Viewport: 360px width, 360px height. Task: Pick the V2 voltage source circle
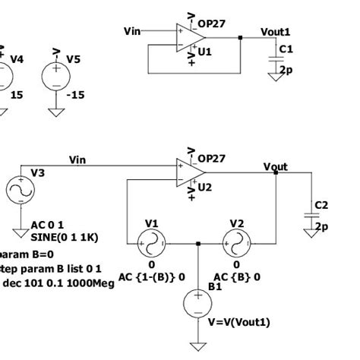[x=237, y=244]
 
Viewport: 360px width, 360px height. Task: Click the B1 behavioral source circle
[x=198, y=304]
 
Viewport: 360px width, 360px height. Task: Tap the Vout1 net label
[x=275, y=32]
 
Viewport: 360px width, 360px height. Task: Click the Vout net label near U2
[x=275, y=166]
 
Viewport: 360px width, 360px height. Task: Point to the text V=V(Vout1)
[x=238, y=322]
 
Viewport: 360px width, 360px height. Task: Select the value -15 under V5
[x=75, y=96]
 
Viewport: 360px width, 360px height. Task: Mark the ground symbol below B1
[x=198, y=346]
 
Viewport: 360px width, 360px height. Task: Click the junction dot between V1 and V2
[x=198, y=244]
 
